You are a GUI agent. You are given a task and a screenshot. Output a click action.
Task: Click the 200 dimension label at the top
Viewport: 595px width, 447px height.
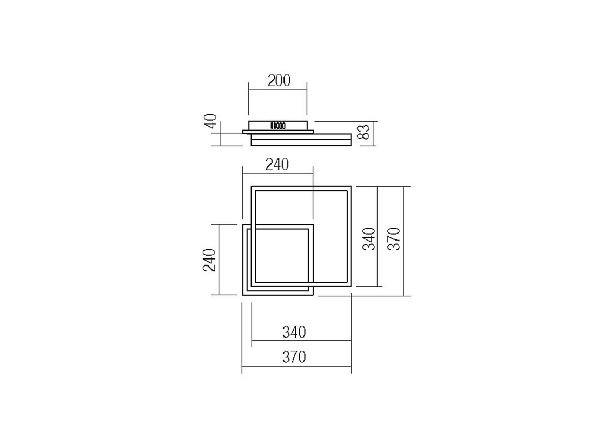tap(279, 81)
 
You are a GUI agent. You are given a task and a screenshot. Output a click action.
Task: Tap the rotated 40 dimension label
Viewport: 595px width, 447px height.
tap(210, 121)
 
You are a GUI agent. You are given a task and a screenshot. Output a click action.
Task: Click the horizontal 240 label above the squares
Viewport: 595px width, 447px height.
tap(277, 165)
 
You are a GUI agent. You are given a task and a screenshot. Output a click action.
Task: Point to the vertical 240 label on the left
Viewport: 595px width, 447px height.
tap(209, 260)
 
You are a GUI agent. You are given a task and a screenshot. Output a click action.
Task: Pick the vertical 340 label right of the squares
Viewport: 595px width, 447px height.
tap(369, 239)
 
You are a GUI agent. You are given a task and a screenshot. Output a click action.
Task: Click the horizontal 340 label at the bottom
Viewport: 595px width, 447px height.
tap(294, 332)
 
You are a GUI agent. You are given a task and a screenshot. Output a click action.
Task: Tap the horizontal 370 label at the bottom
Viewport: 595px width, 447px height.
tap(294, 357)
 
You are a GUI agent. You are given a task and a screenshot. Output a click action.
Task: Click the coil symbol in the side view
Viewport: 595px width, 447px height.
tap(278, 125)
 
